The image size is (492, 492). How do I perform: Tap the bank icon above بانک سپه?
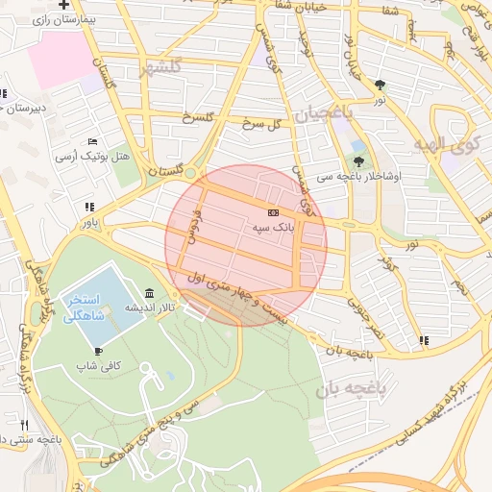[273, 211]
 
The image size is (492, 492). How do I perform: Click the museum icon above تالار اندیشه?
[149, 293]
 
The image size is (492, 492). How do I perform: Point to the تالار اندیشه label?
[154, 308]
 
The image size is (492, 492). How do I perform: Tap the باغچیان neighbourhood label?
[324, 114]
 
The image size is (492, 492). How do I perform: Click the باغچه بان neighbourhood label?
[350, 389]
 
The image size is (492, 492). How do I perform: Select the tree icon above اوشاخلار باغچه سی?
[359, 161]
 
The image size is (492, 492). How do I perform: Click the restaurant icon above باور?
[89, 207]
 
